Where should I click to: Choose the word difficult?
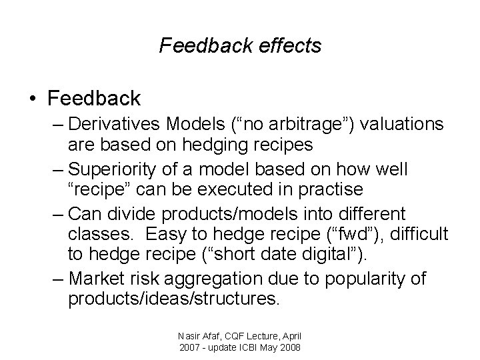(x=418, y=235)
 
